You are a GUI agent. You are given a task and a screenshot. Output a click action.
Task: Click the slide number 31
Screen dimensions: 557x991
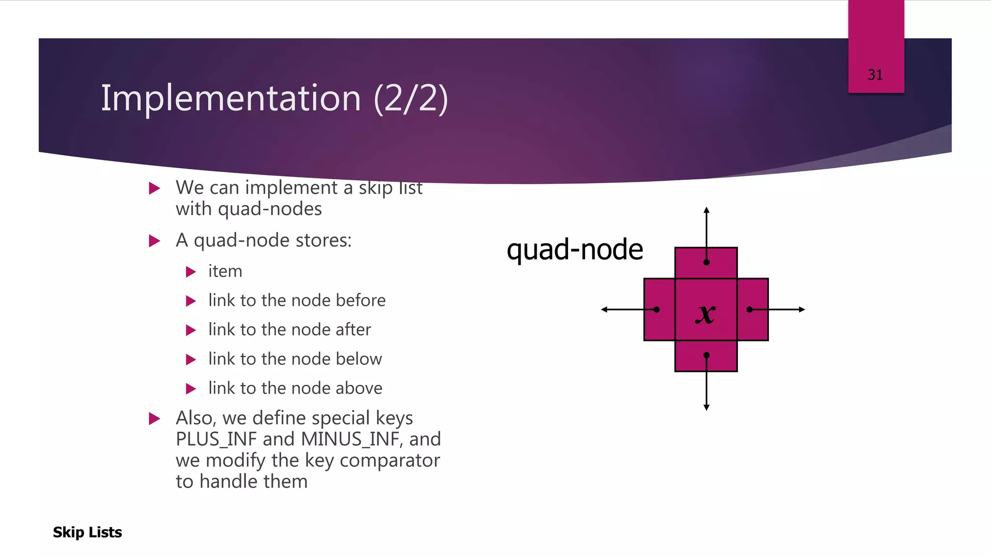875,75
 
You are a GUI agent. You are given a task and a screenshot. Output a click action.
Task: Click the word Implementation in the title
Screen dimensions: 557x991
231,98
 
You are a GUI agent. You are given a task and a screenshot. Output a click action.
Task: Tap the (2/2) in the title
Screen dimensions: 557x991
411,98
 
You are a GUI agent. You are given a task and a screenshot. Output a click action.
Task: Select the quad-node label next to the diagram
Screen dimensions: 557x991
574,250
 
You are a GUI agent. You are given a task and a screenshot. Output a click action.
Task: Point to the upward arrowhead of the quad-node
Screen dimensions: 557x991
706,210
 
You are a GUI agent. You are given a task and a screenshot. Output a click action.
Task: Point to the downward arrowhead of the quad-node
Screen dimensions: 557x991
706,408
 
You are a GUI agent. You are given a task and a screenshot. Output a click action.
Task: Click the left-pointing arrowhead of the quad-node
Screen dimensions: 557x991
604,309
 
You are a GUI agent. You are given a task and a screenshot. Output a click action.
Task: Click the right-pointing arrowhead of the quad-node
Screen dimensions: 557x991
802,309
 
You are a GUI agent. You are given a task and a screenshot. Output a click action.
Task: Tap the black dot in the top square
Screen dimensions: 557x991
706,263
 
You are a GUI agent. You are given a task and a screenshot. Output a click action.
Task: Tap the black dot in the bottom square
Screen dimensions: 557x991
706,355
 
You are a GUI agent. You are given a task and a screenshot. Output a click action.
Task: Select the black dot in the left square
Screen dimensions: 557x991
657,309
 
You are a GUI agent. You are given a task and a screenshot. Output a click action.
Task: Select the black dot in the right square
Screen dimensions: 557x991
750,309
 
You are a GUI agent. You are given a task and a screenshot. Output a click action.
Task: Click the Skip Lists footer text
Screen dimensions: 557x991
88,532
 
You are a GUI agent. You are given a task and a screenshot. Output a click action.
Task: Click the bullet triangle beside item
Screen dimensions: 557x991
191,272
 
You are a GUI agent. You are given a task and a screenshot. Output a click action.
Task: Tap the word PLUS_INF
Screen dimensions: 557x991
216,440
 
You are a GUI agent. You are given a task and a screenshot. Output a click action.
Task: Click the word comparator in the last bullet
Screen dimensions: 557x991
390,461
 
